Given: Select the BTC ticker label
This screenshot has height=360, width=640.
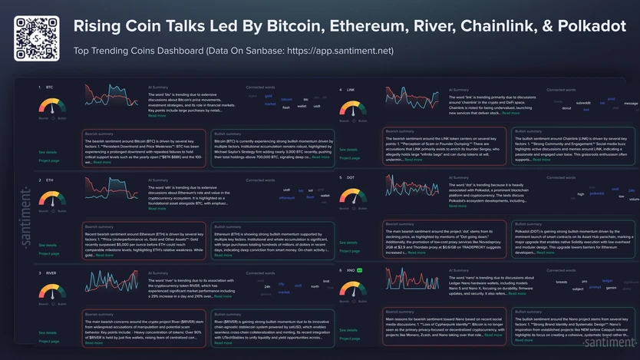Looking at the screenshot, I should [49, 88].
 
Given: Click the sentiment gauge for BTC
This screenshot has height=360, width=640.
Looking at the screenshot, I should [53, 107].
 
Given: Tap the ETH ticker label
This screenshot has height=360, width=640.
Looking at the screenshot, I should [49, 180].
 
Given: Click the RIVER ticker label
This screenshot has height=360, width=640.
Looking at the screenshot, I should [51, 272].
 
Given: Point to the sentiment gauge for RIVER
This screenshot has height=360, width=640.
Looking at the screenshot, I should [53, 292].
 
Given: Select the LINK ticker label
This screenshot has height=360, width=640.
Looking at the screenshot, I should [351, 90].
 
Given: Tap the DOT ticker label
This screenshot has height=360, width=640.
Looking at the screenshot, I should [351, 177].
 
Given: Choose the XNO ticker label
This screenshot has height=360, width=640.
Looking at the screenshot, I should [351, 270].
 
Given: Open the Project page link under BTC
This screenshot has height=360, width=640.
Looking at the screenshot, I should [49, 161].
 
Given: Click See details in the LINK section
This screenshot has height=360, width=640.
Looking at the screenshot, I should [348, 150].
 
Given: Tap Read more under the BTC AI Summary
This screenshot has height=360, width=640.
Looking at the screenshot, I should [157, 116].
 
